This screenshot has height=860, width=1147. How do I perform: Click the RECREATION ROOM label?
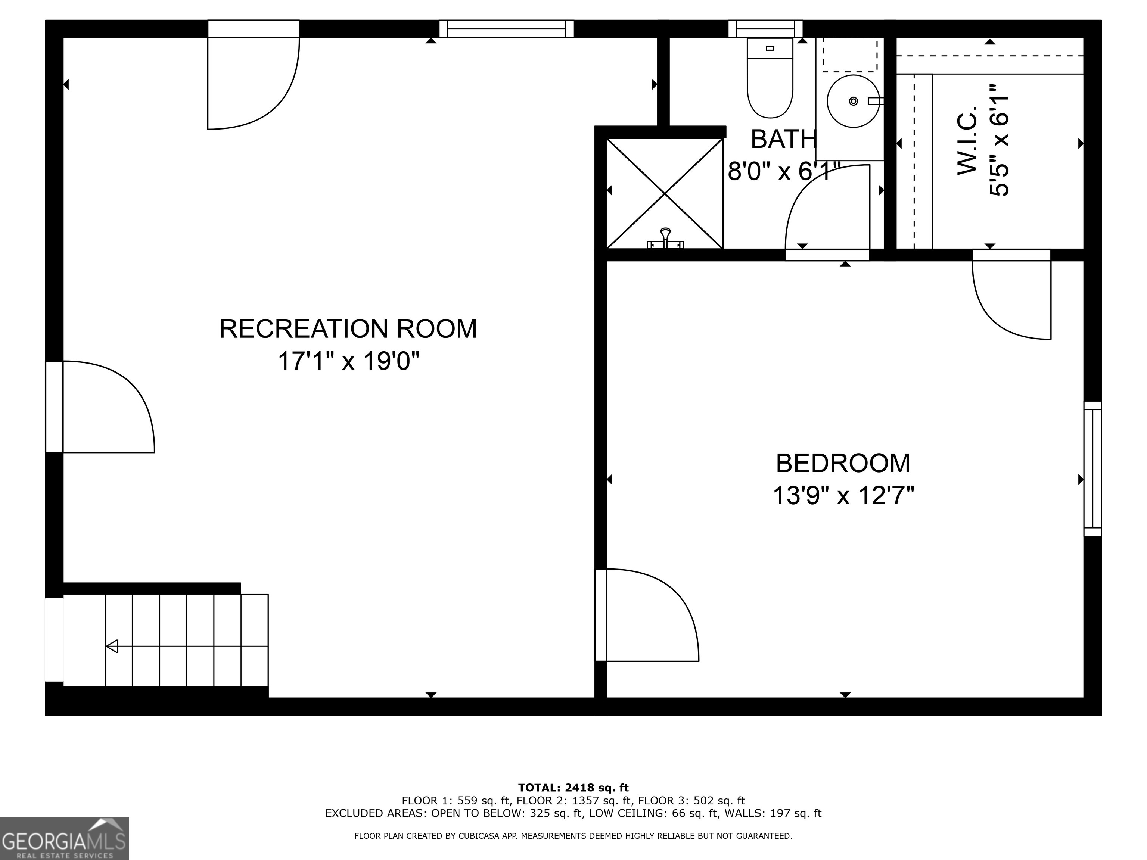[348, 328]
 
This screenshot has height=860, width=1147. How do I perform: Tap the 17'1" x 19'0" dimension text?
[348, 361]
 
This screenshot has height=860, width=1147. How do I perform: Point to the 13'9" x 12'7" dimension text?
[843, 496]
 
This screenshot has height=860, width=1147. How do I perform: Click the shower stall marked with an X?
[665, 193]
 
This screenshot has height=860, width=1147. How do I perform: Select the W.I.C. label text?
[967, 141]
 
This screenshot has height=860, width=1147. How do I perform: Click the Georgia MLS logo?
[64, 838]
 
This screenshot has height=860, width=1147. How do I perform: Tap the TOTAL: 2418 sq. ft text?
[573, 788]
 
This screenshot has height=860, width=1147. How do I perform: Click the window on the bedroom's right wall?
[1092, 468]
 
